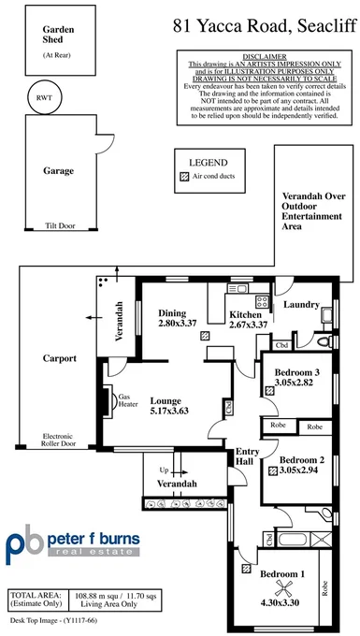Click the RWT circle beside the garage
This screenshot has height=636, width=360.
click(x=45, y=96)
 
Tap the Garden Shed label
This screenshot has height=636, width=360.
click(x=58, y=36)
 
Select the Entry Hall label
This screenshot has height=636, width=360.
click(x=246, y=455)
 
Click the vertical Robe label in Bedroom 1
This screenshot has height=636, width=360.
click(x=325, y=586)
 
